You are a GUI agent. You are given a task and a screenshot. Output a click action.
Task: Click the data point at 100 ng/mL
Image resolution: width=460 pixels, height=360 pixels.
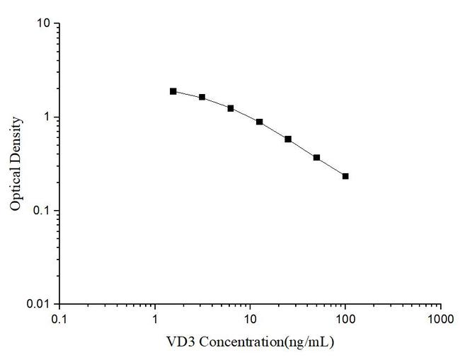coord(345,176)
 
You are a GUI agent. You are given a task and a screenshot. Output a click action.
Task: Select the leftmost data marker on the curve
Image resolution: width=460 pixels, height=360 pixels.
coord(173,91)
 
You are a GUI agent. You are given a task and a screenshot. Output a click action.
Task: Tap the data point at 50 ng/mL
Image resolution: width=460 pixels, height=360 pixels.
coord(316,158)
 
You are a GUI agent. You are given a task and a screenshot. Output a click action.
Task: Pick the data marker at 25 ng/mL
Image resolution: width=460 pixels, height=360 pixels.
coord(288,139)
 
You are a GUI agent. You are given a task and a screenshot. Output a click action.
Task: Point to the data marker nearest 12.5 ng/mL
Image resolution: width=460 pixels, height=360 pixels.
coord(260,122)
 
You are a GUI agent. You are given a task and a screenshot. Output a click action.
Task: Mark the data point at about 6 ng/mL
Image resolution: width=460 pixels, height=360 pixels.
coord(231,108)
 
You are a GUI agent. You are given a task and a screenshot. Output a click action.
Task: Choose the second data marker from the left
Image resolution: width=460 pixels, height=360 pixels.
coord(202,97)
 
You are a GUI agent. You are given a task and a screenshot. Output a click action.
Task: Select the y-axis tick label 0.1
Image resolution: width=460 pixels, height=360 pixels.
coord(42,211)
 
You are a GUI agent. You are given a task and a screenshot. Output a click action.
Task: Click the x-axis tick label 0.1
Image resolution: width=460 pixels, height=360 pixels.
coord(59,319)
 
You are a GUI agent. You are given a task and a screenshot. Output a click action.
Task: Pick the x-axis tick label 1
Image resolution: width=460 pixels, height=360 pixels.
coord(155,319)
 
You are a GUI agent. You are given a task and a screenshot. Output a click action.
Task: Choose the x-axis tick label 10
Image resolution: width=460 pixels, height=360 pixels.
coord(250,319)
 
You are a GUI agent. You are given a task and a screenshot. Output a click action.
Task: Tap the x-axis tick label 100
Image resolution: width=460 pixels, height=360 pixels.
coord(345,319)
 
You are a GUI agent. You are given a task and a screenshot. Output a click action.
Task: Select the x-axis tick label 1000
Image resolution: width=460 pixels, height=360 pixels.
coord(440,319)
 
